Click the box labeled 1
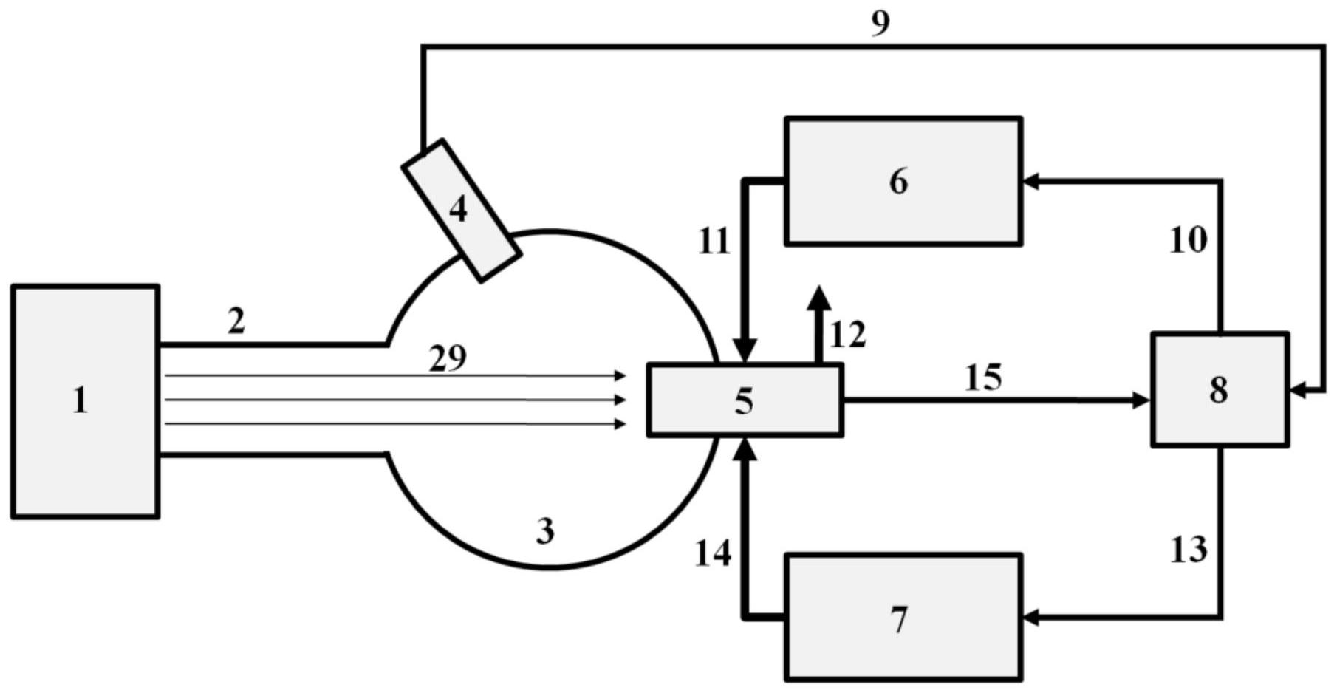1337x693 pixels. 85,401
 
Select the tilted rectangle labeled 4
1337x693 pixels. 461,211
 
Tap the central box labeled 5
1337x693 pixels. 745,400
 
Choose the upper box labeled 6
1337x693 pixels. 903,181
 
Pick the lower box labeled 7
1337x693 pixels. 903,617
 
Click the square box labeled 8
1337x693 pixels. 1220,389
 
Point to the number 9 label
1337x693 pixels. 880,23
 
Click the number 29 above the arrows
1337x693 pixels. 448,358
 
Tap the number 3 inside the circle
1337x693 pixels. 545,530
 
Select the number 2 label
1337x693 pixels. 236,321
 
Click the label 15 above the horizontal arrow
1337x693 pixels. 983,378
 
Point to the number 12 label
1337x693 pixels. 847,334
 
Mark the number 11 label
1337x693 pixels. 714,241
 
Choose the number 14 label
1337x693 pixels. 713,553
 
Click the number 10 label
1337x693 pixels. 1188,240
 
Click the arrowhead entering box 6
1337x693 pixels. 1030,180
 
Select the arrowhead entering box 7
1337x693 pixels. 1030,617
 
